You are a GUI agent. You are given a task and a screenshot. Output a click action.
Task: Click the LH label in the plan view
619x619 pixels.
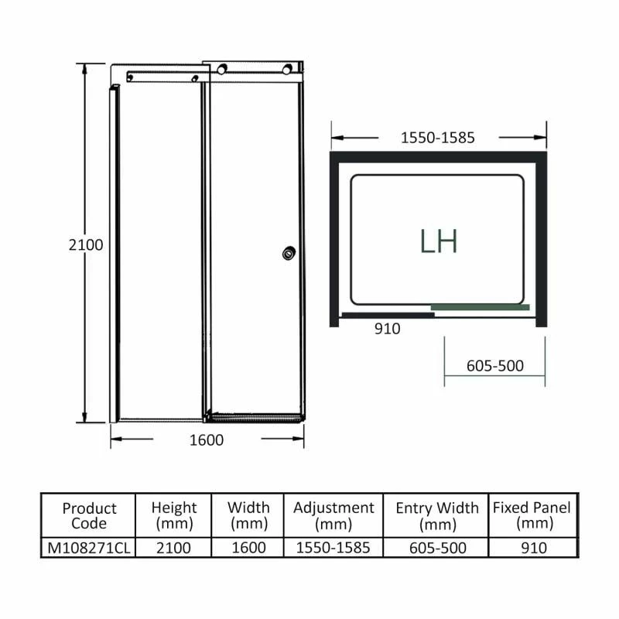(x=439, y=241)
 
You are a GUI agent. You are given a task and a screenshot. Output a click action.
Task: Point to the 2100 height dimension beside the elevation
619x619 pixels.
(x=86, y=245)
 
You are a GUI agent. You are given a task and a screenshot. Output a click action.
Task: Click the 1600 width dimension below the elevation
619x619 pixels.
(x=207, y=440)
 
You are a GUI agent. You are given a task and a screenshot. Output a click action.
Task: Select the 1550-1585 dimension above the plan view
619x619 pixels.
(x=437, y=139)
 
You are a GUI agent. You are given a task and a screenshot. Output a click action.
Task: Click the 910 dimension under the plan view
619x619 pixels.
(x=387, y=329)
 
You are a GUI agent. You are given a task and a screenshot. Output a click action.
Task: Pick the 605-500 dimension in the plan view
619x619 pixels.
(x=495, y=366)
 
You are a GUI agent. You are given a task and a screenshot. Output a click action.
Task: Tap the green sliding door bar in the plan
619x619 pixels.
(x=480, y=307)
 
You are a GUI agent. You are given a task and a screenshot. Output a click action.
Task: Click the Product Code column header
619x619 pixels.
(x=89, y=515)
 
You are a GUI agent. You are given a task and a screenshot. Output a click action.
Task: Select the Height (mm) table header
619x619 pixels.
(x=174, y=515)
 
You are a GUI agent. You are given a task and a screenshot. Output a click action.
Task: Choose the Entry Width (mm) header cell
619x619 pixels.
(x=437, y=515)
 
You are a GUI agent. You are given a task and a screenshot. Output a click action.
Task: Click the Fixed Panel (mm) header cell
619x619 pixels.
(x=532, y=515)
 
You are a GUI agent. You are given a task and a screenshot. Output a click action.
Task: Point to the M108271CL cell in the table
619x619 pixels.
(x=89, y=548)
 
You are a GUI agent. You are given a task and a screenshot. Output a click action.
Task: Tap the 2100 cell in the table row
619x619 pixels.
(x=174, y=548)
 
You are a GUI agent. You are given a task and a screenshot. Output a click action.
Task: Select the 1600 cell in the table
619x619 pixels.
(x=248, y=548)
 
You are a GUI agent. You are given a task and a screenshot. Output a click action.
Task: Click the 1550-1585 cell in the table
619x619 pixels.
(x=333, y=548)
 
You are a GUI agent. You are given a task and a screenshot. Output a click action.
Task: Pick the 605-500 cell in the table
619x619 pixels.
(x=437, y=548)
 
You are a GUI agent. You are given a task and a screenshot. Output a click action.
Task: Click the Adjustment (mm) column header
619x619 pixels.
(x=333, y=515)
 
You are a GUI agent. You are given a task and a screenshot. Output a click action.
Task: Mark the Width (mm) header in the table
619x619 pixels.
(x=248, y=515)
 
